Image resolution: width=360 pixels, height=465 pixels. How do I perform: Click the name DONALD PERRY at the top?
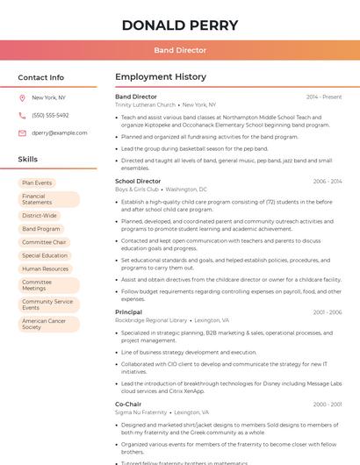click(180, 25)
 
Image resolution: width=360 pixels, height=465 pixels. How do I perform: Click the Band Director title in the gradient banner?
click(180, 51)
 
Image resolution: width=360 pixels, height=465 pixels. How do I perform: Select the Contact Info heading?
click(41, 77)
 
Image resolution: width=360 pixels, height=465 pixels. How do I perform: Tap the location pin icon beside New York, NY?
click(22, 98)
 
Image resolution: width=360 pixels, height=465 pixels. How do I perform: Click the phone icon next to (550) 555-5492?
click(22, 116)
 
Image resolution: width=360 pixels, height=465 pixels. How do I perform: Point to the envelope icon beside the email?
click(22, 133)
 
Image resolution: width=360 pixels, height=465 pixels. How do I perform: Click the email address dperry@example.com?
click(59, 133)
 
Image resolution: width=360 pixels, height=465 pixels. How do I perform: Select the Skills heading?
click(28, 160)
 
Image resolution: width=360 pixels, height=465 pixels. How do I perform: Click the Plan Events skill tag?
click(38, 183)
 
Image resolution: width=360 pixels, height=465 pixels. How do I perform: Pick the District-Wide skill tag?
click(40, 215)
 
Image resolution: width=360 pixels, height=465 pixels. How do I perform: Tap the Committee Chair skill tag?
click(44, 242)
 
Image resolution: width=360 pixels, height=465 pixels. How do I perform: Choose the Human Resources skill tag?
click(46, 269)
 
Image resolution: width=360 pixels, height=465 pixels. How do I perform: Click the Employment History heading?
click(161, 77)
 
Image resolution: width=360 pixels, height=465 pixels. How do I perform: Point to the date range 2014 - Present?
click(324, 97)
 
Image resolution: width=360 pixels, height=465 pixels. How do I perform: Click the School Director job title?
click(138, 182)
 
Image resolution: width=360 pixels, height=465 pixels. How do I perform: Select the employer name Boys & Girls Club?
click(137, 190)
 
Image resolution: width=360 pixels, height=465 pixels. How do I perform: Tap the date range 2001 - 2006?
click(328, 312)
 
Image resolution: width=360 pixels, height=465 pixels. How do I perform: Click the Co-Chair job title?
click(128, 404)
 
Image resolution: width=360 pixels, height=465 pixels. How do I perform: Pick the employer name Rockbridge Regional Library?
click(151, 320)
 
